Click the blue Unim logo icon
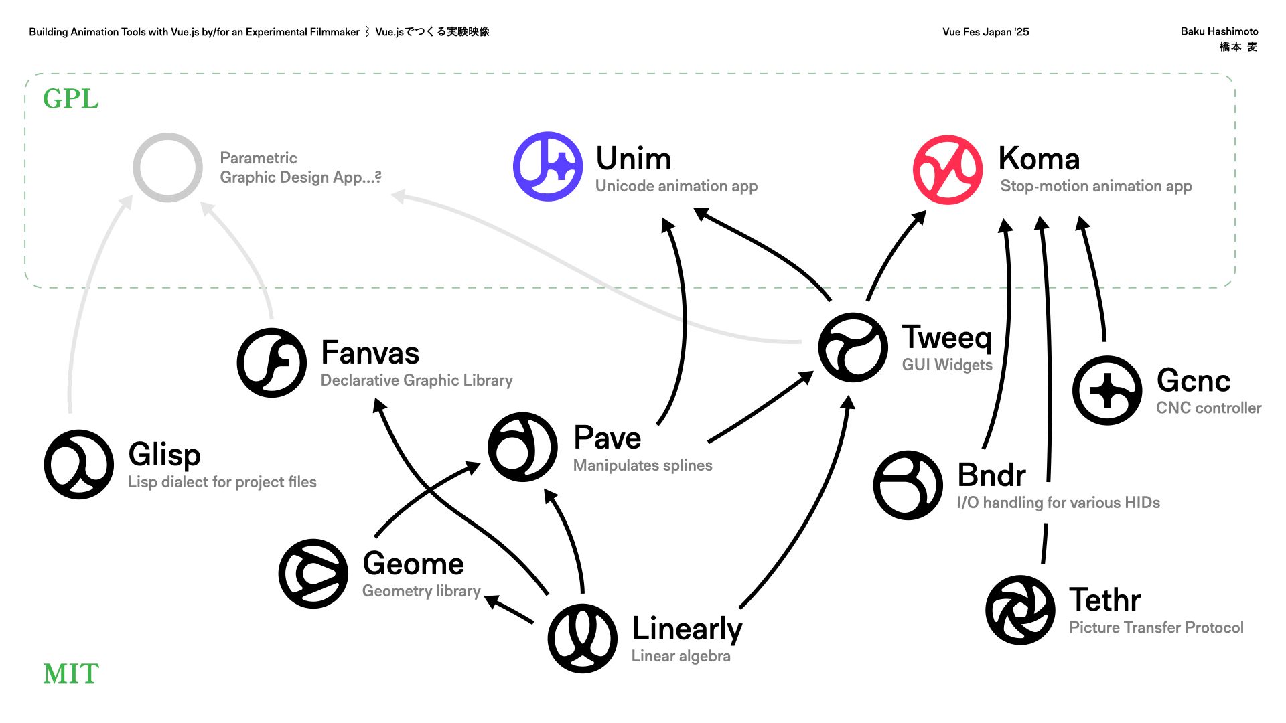click(x=548, y=166)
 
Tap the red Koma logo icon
click(x=948, y=169)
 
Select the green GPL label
click(x=71, y=99)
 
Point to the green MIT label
click(x=71, y=673)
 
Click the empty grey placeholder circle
click(x=167, y=167)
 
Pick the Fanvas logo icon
click(x=271, y=362)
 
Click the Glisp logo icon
click(x=79, y=464)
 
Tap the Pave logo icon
click(x=522, y=447)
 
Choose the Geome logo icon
click(x=313, y=573)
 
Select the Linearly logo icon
click(x=583, y=638)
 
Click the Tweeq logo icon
click(x=853, y=347)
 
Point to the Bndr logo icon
click(x=908, y=485)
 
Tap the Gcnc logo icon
click(x=1107, y=390)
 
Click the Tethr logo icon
click(x=1020, y=610)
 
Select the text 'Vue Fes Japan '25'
click(x=985, y=32)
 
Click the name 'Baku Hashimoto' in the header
click(x=1219, y=31)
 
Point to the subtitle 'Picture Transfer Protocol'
click(x=1156, y=627)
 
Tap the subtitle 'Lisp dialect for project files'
click(x=222, y=482)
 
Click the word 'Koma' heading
click(x=1039, y=159)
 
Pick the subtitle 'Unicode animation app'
click(x=676, y=186)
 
